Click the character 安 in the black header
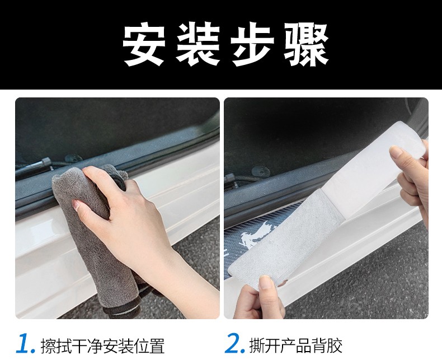(143, 45)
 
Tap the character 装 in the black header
(198, 45)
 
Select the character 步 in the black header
(252, 45)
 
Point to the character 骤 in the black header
(306, 45)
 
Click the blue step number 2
(234, 343)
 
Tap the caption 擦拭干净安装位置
(102, 345)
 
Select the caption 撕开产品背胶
(296, 345)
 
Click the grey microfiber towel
(93, 231)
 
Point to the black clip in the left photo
(45, 162)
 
